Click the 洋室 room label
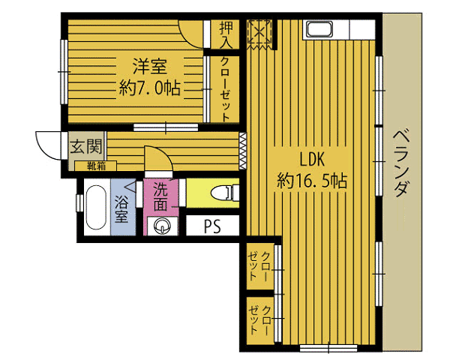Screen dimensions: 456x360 [150, 66]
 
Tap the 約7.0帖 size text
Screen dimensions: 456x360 [150, 88]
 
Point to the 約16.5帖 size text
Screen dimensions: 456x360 [312, 181]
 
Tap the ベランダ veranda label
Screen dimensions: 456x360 [402, 163]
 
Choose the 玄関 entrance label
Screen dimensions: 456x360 [86, 146]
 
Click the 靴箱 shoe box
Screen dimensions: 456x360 [96, 166]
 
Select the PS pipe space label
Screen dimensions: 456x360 [212, 226]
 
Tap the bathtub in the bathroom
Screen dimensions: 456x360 [96, 207]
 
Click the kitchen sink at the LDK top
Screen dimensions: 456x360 [319, 29]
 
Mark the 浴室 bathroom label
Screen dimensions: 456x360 [121, 208]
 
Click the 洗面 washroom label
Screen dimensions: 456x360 [160, 196]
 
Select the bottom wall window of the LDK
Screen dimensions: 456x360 [328, 348]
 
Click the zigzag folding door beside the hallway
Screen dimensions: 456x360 [242, 151]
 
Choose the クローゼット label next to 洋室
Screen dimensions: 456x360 [226, 89]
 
